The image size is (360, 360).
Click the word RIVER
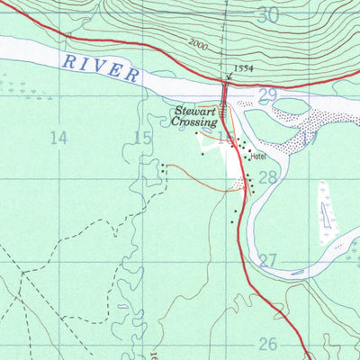pyautogui.click(x=102, y=67)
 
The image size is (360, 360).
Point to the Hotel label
pyautogui.click(x=260, y=157)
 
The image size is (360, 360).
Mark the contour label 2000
pyautogui.click(x=200, y=42)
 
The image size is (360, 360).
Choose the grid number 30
pyautogui.click(x=267, y=15)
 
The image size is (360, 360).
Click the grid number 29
pyautogui.click(x=267, y=94)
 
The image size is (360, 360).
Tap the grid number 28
pyautogui.click(x=267, y=178)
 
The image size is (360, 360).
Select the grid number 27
pyautogui.click(x=267, y=261)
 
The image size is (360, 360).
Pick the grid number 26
pyautogui.click(x=267, y=344)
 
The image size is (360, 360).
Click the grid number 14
pyautogui.click(x=59, y=137)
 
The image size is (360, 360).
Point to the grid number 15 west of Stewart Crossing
pyautogui.click(x=141, y=137)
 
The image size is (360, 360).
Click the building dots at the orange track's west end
pyautogui.click(x=164, y=166)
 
